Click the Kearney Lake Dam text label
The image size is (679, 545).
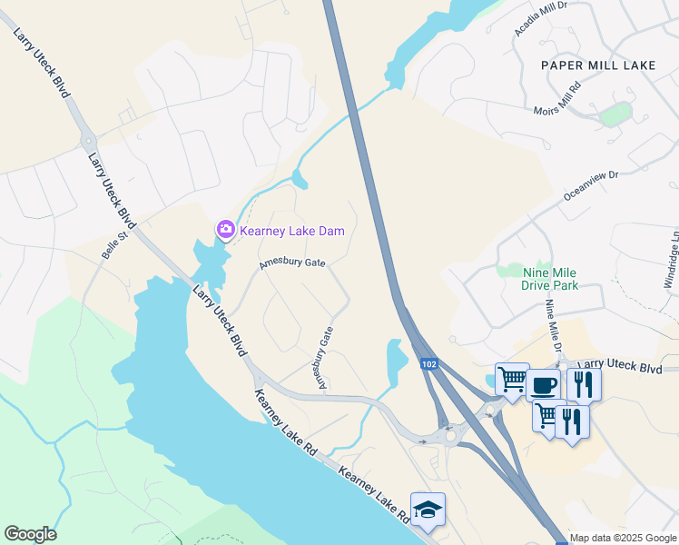point(292,231)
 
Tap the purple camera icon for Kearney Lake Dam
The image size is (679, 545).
point(225,231)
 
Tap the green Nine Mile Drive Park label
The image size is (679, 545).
point(550,278)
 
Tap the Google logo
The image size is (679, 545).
point(30,534)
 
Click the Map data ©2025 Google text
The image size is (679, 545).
point(623,538)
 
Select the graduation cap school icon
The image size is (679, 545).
point(428,510)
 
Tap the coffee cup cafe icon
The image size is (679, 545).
point(543,385)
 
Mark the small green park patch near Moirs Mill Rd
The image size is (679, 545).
point(616,114)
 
